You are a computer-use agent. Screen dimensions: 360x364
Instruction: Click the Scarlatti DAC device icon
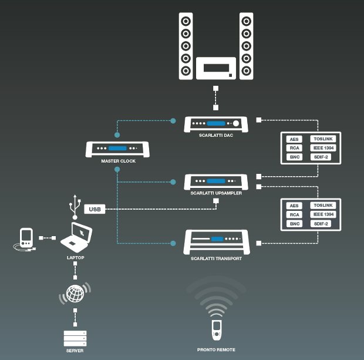(216, 125)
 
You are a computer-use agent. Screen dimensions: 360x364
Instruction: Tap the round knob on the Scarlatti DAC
(237, 124)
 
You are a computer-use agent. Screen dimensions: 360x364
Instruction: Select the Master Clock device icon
(118, 149)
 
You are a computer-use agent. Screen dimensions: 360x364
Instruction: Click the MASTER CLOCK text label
(119, 161)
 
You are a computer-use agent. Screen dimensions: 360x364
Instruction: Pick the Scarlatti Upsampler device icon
(216, 181)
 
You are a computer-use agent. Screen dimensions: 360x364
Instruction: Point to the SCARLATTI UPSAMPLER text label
(216, 193)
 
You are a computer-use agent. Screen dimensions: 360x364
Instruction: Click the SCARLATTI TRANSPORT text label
(216, 258)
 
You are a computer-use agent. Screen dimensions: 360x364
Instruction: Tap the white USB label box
(95, 209)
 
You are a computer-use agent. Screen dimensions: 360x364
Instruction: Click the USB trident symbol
(74, 207)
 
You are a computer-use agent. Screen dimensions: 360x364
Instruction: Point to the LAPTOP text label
(76, 257)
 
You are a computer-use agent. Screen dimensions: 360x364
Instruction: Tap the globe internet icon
(75, 294)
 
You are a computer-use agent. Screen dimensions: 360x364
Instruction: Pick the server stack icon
(75, 338)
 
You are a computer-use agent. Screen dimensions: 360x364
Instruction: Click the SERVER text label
(75, 351)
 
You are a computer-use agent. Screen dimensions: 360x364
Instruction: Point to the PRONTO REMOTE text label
(216, 350)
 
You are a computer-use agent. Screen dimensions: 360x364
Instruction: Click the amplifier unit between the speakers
(216, 68)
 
